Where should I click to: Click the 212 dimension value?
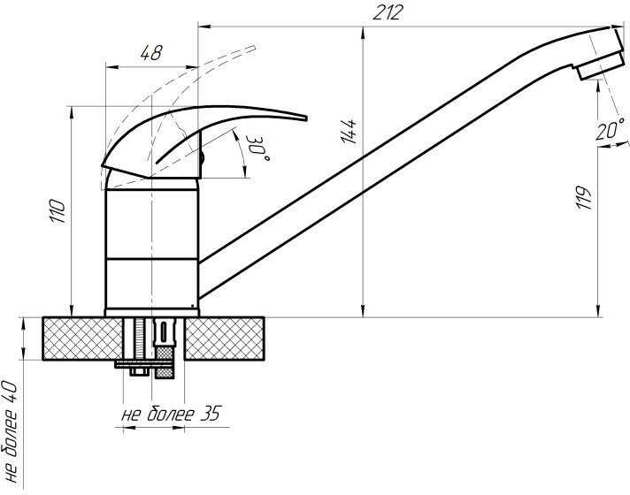pyautogui.click(x=387, y=13)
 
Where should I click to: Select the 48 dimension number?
pyautogui.click(x=151, y=52)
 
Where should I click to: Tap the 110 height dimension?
pyautogui.click(x=57, y=211)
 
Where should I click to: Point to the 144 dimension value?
pyautogui.click(x=349, y=132)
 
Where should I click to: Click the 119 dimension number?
pyautogui.click(x=584, y=197)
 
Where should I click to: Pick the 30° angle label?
pyautogui.click(x=258, y=148)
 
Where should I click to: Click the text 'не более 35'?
pyautogui.click(x=172, y=414)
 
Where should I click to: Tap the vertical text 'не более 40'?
pyautogui.click(x=10, y=432)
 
